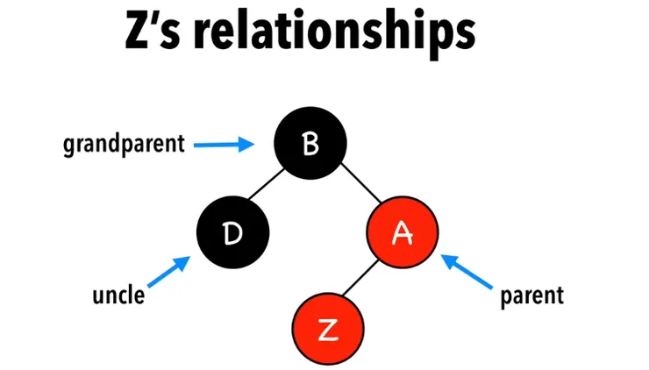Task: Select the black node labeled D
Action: (232, 234)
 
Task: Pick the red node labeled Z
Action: (326, 329)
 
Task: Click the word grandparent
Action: (124, 144)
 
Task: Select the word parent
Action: (531, 295)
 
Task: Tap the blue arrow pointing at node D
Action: (170, 273)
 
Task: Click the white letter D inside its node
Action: (232, 234)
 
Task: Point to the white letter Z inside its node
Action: (326, 330)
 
